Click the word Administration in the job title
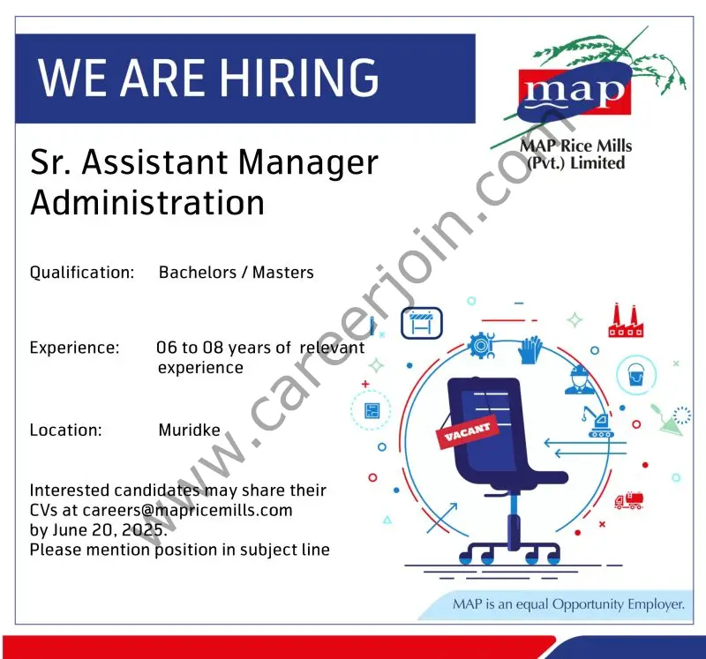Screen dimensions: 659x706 click(147, 202)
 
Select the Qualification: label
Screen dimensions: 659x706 click(82, 272)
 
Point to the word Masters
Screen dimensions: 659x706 click(282, 272)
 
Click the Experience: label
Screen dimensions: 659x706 click(74, 348)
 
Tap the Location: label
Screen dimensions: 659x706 click(66, 431)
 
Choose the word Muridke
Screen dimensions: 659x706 click(189, 431)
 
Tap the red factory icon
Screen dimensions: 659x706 click(625, 320)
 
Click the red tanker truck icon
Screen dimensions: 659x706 click(628, 500)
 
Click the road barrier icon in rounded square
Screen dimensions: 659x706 click(421, 323)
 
